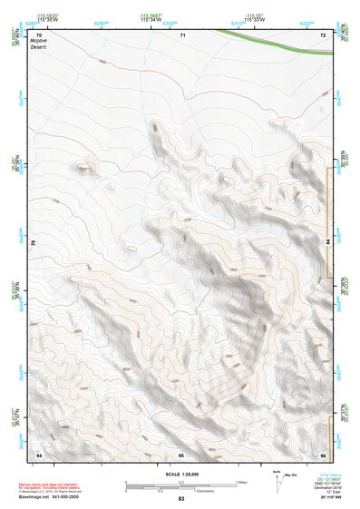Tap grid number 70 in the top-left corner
point(39,34)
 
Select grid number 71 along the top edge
point(182,34)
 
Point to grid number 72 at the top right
point(323,34)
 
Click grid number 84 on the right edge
point(327,242)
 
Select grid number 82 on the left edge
point(34,243)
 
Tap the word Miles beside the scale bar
point(242,482)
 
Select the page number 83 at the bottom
point(181,500)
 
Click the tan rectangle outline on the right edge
point(329,222)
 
